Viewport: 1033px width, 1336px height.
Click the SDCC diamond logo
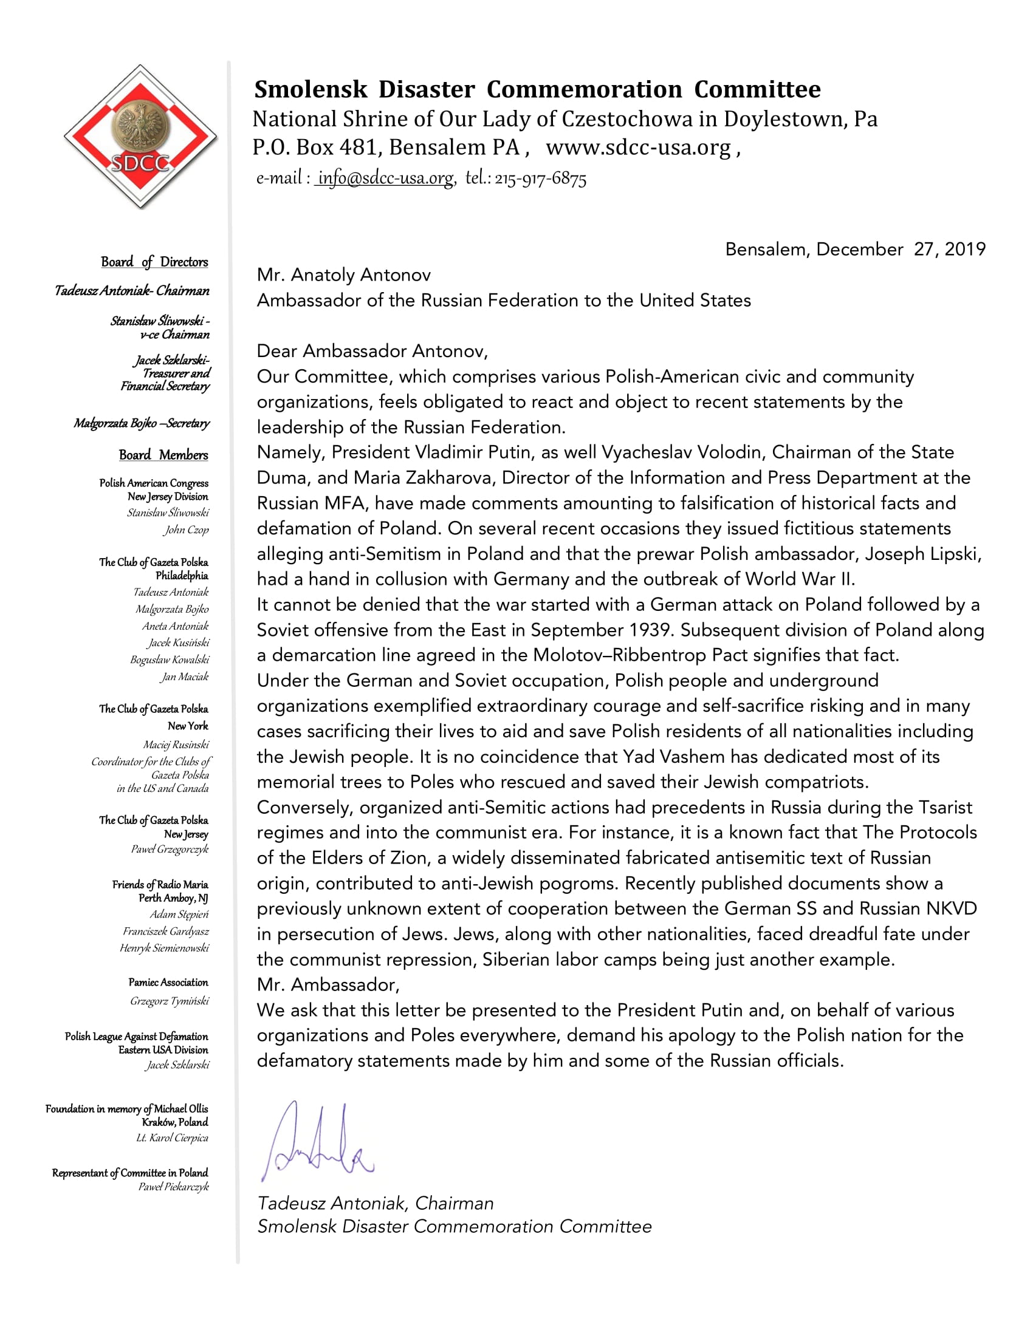tap(140, 137)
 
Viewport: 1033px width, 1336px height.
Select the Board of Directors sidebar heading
tap(154, 262)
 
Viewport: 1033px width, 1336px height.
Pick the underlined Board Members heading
tap(163, 455)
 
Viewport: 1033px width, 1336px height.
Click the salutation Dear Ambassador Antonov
tap(372, 351)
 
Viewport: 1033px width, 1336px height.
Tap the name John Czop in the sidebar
tap(186, 530)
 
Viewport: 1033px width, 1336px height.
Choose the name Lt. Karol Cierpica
tap(172, 1138)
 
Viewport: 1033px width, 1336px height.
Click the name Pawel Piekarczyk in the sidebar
tap(173, 1187)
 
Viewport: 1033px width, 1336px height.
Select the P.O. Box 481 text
tap(316, 148)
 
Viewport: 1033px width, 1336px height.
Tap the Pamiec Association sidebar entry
tap(168, 983)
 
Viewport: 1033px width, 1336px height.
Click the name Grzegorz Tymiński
tap(169, 1001)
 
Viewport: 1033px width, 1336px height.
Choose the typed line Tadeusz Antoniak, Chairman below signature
tap(375, 1203)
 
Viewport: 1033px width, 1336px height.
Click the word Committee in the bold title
tap(757, 89)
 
